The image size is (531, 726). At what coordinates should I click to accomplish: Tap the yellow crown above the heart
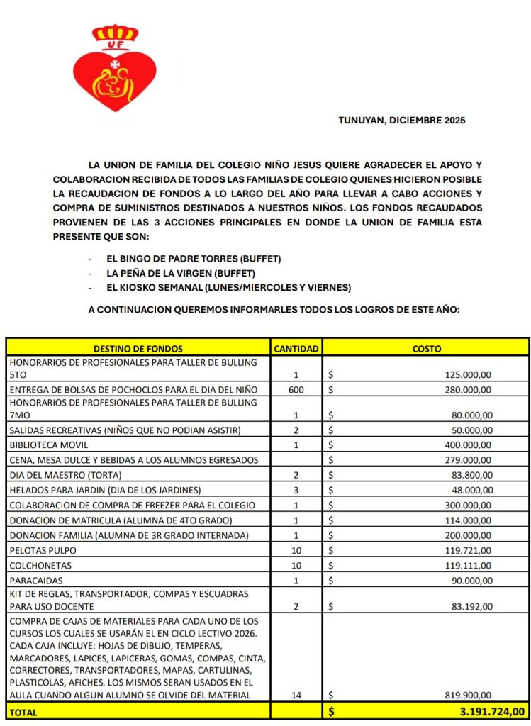click(x=116, y=34)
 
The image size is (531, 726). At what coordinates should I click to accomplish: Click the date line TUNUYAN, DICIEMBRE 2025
click(x=402, y=121)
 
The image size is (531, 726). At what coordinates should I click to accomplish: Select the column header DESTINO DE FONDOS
click(x=138, y=348)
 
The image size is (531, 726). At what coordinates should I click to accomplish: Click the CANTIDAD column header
click(x=296, y=348)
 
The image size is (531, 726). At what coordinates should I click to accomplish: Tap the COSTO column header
click(x=426, y=348)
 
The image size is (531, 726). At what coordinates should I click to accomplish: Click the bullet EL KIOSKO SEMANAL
click(x=228, y=287)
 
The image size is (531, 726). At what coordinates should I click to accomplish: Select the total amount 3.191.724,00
click(x=489, y=710)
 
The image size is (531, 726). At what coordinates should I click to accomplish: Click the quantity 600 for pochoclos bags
click(x=296, y=389)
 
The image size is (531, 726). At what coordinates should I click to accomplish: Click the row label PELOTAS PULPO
click(x=43, y=549)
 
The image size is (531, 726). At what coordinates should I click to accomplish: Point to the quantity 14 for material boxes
click(x=296, y=696)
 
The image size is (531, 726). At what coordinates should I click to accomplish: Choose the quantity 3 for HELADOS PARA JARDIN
click(x=296, y=489)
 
